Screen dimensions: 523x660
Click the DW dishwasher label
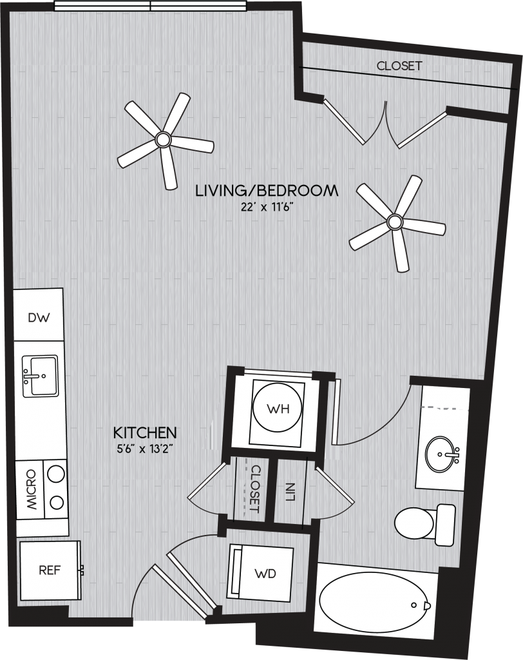click(39, 317)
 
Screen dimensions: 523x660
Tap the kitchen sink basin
click(41, 376)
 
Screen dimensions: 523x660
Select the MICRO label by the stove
click(31, 490)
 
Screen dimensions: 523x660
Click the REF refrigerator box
click(50, 570)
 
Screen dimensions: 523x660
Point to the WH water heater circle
click(278, 408)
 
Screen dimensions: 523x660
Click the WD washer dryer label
click(265, 573)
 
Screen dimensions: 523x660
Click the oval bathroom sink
click(442, 454)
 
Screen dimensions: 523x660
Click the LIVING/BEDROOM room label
click(267, 191)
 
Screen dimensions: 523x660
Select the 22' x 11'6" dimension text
click(267, 208)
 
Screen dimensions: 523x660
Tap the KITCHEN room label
click(145, 432)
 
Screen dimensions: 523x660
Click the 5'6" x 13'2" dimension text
click(145, 449)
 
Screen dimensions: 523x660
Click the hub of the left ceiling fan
click(163, 139)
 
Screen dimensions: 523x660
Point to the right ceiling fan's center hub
click(395, 222)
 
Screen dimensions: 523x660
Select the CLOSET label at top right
click(399, 66)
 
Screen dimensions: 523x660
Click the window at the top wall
click(150, 6)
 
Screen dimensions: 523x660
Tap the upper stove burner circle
click(56, 474)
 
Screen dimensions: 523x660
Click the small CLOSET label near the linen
click(255, 489)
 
